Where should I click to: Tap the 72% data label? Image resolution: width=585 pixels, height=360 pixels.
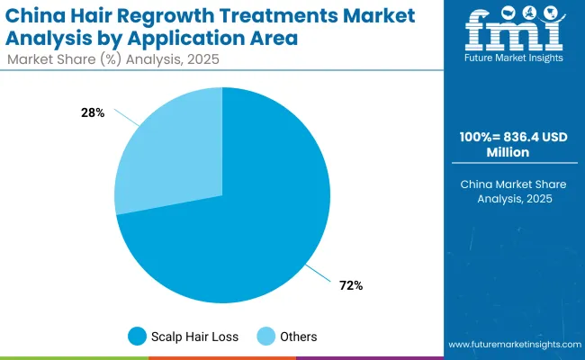coord(350,285)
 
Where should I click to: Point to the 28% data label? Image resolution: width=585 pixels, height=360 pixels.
coord(93,112)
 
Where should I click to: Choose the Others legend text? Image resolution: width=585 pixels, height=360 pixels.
coord(297,337)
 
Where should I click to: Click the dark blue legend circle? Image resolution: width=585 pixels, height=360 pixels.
coord(137,337)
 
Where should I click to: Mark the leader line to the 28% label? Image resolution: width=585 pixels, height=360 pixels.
coord(126,121)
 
